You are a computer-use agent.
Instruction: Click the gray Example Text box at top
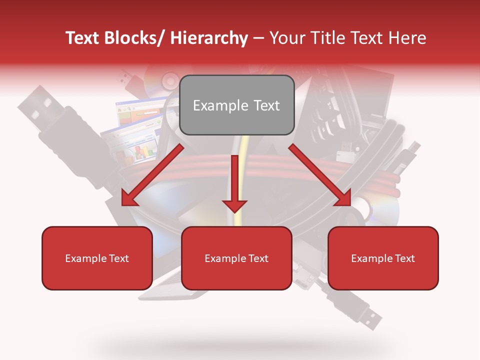click(236, 105)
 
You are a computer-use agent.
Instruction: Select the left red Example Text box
click(97, 258)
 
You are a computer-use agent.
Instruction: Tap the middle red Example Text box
click(236, 258)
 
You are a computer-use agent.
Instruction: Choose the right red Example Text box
click(383, 258)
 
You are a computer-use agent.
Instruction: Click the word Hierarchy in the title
click(209, 38)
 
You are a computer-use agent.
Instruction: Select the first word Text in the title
click(82, 38)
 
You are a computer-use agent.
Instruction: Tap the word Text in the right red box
click(404, 258)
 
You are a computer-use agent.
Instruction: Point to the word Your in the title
click(286, 38)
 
